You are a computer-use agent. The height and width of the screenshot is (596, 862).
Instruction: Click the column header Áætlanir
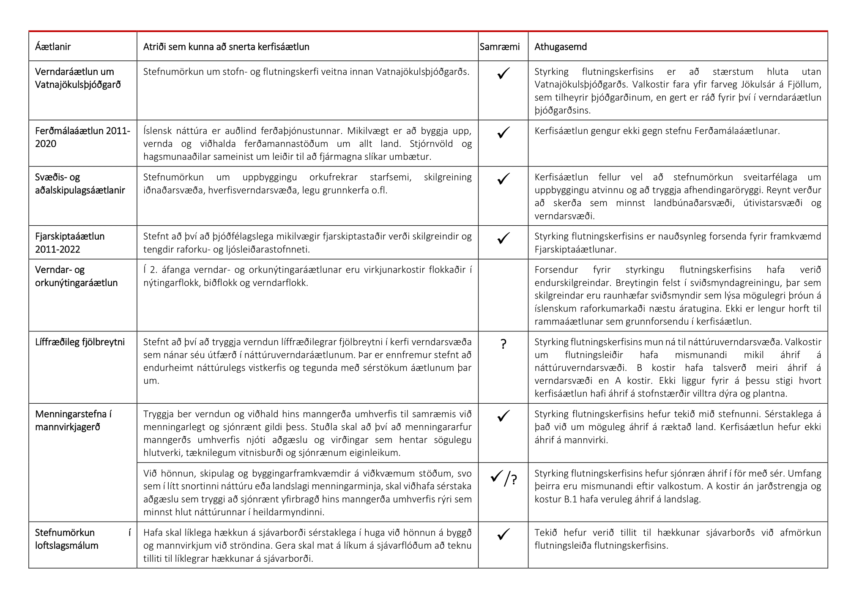pos(53,47)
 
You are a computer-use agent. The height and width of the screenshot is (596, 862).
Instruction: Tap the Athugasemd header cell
pos(561,47)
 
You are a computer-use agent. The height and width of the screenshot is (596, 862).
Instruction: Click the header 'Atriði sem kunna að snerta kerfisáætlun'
pos(226,47)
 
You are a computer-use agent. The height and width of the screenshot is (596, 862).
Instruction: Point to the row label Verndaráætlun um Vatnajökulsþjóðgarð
pos(78,78)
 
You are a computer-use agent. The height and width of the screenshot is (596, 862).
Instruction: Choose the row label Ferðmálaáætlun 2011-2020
pos(82,137)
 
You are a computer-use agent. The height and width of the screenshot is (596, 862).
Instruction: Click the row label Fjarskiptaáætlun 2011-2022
pos(70,243)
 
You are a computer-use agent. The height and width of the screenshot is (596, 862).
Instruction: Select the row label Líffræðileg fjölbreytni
pos(80,342)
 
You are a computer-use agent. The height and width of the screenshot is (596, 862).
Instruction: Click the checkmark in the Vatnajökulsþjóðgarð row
pos(503,74)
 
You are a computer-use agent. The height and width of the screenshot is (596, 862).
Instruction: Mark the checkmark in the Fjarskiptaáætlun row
pos(503,238)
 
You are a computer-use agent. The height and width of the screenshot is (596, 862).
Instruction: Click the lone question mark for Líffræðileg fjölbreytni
pos(503,344)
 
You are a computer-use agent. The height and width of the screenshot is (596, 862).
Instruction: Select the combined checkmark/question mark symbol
pos(504,479)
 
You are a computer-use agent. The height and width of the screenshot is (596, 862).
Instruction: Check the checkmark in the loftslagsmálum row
pos(503,535)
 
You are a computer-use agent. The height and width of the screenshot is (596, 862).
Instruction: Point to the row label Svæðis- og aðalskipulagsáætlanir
pos(80,184)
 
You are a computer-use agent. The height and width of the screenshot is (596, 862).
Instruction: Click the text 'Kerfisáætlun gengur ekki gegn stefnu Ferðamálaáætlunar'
pos(657,131)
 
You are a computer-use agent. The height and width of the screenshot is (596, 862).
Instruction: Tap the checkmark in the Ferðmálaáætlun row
pos(503,133)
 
